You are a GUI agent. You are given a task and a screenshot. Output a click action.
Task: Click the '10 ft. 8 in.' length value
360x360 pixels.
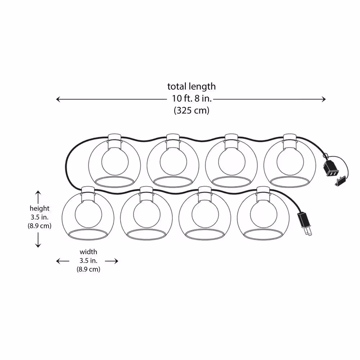pos(192,99)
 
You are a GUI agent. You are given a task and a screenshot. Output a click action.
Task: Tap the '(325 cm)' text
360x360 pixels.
pos(192,111)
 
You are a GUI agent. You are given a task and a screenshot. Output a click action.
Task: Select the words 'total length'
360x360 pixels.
pos(192,86)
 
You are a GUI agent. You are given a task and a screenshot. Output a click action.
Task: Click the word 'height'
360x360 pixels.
pos(40,208)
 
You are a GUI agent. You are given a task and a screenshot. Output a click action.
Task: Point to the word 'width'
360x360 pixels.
pos(89,252)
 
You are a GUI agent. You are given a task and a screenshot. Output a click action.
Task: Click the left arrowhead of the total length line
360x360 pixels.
pos(58,99)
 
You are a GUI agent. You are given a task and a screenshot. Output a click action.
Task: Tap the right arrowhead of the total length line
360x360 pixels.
pos(324,99)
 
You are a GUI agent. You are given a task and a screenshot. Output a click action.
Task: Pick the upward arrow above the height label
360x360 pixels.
pos(38,197)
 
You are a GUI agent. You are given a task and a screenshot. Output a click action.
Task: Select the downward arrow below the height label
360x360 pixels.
pos(38,240)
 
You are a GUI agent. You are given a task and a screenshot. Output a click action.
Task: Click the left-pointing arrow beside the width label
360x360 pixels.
pos(63,261)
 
